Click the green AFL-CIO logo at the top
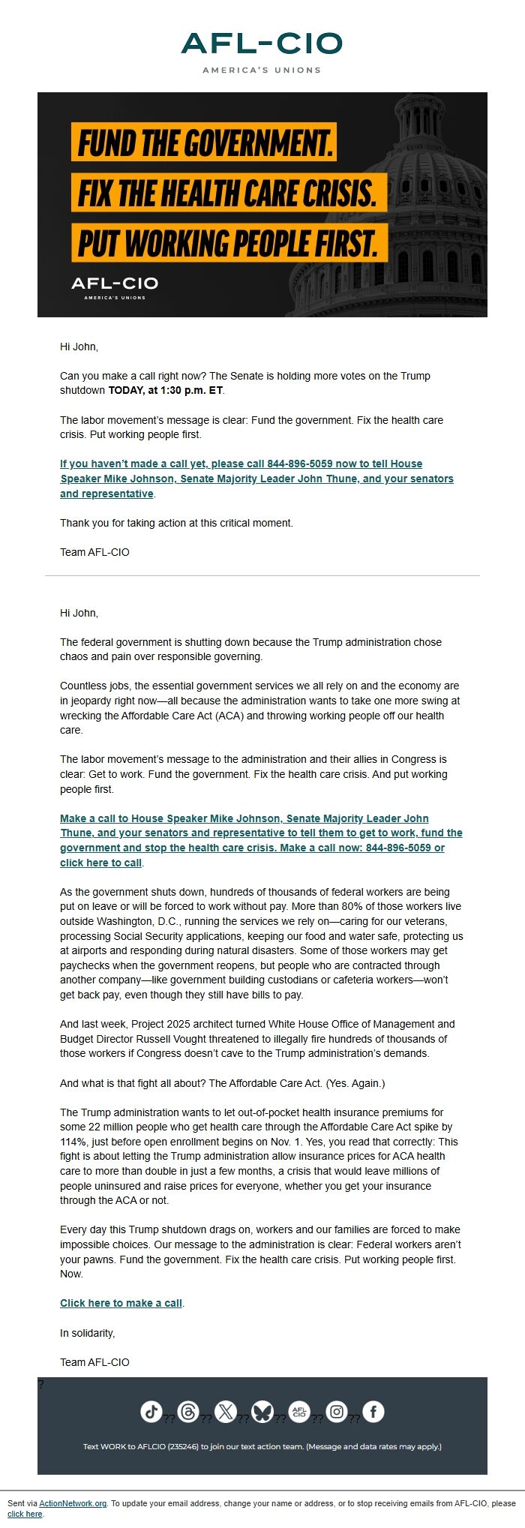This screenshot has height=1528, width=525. pyautogui.click(x=262, y=45)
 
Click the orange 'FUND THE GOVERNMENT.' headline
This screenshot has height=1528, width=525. pyautogui.click(x=204, y=143)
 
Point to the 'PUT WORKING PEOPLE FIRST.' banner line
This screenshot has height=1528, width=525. pyautogui.click(x=229, y=243)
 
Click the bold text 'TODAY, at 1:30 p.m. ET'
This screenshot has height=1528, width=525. pyautogui.click(x=166, y=390)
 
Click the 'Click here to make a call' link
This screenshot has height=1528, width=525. pyautogui.click(x=121, y=1303)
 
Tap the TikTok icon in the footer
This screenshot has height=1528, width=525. pyautogui.click(x=151, y=1412)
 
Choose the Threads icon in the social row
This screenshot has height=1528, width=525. pyautogui.click(x=188, y=1412)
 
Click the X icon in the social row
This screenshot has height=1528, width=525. pyautogui.click(x=225, y=1412)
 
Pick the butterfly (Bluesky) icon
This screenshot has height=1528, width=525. pyautogui.click(x=262, y=1412)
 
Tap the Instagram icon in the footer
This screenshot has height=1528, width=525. pyautogui.click(x=337, y=1412)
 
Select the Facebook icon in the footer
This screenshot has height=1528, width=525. pyautogui.click(x=373, y=1412)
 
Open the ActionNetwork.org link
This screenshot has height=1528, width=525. pyautogui.click(x=73, y=1503)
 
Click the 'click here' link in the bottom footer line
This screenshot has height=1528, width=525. pyautogui.click(x=25, y=1514)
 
